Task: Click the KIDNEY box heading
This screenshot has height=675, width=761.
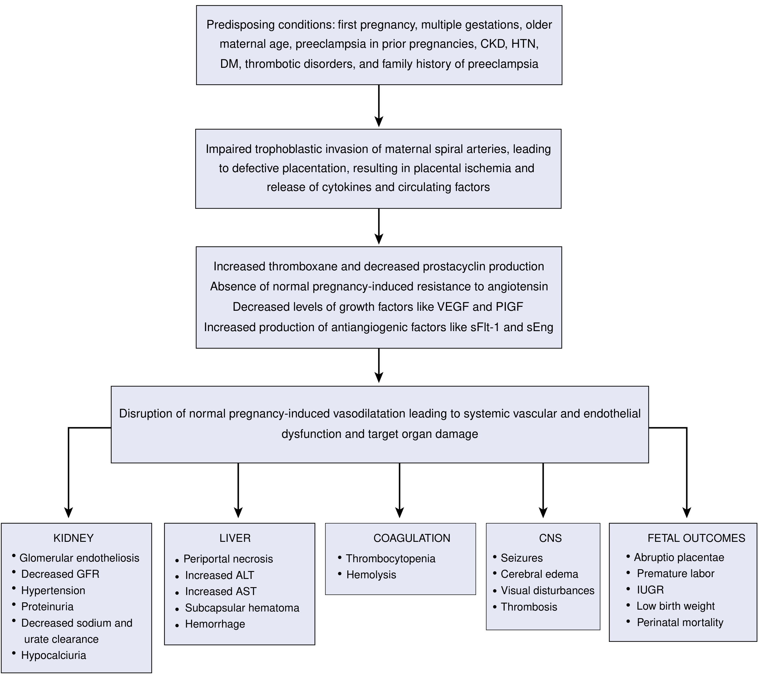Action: click(x=73, y=538)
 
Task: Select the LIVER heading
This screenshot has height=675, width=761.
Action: click(x=235, y=538)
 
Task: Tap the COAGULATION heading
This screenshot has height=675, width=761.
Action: click(x=412, y=538)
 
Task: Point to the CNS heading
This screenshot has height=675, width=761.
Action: click(x=550, y=538)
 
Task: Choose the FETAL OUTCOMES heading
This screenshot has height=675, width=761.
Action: click(x=696, y=538)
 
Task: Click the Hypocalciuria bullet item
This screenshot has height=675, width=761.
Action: click(x=54, y=655)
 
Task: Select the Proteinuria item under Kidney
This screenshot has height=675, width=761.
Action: click(x=47, y=607)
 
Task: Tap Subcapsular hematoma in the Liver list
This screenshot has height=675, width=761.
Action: click(x=242, y=607)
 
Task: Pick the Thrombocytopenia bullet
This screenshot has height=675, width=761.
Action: click(x=391, y=559)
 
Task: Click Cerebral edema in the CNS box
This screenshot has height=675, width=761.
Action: click(x=540, y=574)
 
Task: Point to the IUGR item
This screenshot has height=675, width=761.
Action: click(x=650, y=590)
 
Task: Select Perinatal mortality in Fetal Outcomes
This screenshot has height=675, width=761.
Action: click(x=680, y=622)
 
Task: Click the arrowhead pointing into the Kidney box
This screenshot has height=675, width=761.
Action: click(x=68, y=512)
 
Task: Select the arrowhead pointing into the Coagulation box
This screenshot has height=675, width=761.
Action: click(x=399, y=512)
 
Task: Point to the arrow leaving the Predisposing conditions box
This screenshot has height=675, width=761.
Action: click(x=379, y=106)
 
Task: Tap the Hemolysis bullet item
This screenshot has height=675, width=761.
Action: click(x=371, y=575)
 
